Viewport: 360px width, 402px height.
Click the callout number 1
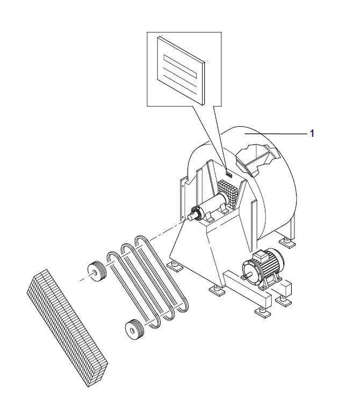pyautogui.click(x=312, y=133)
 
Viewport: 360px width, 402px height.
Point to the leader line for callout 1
pyautogui.click(x=276, y=134)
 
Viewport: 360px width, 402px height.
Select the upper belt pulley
pyautogui.click(x=97, y=272)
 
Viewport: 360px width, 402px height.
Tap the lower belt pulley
pyautogui.click(x=134, y=330)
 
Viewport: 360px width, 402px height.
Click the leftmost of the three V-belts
pyautogui.click(x=133, y=289)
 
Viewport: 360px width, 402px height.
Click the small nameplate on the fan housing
pyautogui.click(x=228, y=175)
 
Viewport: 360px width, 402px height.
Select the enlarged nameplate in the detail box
pyautogui.click(x=181, y=70)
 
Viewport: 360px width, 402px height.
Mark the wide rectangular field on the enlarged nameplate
pyautogui.click(x=180, y=67)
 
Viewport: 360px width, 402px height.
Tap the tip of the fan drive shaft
pyautogui.click(x=189, y=218)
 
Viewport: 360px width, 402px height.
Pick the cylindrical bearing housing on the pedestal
pyautogui.click(x=213, y=206)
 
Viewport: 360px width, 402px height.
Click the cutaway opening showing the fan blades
pyautogui.click(x=257, y=159)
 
